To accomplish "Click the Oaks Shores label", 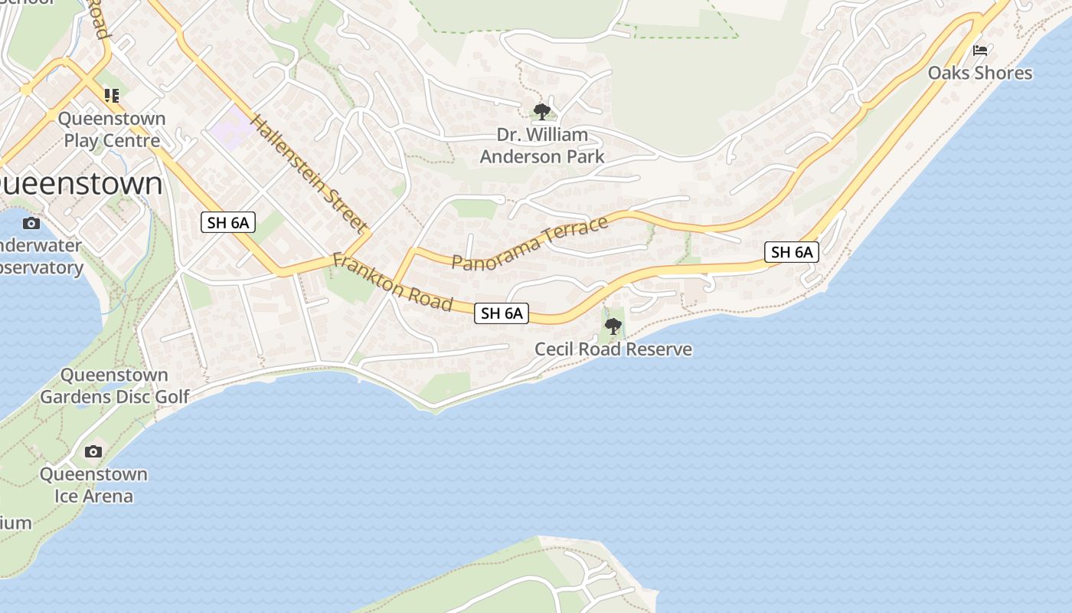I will point(979,73).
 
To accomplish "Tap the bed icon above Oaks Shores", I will point(979,51).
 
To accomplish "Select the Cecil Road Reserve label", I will point(613,349).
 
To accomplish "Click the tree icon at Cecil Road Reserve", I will point(613,326).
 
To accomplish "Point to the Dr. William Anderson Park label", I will point(542,146).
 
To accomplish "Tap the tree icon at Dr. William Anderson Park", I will point(542,112).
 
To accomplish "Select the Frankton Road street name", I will point(392,283).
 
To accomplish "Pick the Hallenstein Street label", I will point(308,173).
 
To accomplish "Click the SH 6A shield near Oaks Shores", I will point(792,252).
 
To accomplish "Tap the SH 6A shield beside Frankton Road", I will point(502,313).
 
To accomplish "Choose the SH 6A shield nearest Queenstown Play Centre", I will point(227,222).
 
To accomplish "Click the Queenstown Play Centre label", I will point(112,129).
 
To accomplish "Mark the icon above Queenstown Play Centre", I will point(112,96).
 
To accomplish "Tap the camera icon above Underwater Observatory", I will point(31,223).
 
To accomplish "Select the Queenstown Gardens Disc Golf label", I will point(115,385).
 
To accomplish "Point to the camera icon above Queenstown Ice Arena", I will point(93,451).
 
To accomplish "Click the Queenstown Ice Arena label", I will point(93,484).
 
